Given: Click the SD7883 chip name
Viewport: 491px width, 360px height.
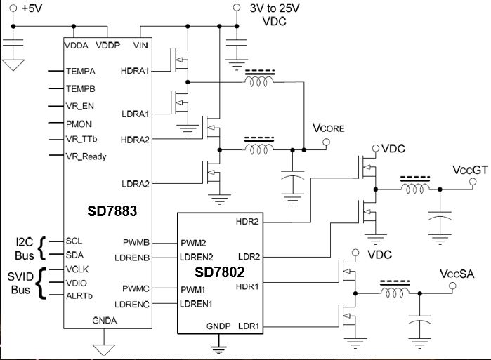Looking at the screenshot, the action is coord(112,211).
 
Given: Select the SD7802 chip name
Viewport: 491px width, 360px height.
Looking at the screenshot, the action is coord(219,272).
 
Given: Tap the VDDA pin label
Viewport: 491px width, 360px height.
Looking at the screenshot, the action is coord(77,46).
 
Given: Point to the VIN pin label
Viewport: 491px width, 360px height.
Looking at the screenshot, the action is coord(140,46).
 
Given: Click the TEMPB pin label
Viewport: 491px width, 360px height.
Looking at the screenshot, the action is coord(81,89).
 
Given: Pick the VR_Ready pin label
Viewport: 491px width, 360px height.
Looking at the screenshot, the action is coord(86,156).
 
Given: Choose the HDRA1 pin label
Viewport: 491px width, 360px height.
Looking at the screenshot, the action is coord(135,71).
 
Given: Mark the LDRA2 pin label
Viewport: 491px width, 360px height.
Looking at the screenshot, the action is coord(136,184).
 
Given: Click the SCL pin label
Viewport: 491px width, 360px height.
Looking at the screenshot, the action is coord(74,241).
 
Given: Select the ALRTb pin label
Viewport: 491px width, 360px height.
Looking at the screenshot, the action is coord(79,295).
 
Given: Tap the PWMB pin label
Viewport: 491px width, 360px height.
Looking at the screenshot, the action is coord(136,242).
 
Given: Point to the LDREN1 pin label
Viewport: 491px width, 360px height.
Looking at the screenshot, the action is coord(196,304).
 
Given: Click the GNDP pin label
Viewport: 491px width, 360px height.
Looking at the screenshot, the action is coord(218,326).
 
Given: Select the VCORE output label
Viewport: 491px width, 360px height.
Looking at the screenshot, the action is coord(329,128).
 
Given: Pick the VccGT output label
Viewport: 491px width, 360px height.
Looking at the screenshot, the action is coord(471,170).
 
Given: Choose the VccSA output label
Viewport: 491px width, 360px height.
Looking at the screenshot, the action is coord(457,274).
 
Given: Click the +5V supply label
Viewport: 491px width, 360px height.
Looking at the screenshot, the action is coord(32,8).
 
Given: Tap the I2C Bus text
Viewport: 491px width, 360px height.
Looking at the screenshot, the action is coord(24,248).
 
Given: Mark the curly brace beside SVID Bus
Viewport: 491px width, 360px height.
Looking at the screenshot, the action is coord(41,283).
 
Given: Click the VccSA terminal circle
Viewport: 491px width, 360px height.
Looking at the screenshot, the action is coord(452,286).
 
